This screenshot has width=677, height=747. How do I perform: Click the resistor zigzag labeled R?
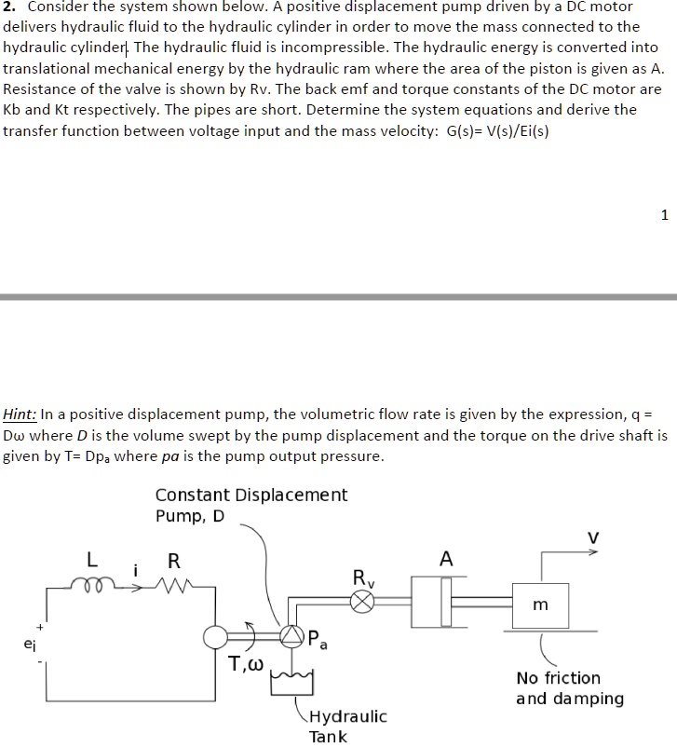[x=174, y=587]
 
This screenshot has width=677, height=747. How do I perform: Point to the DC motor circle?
[x=216, y=637]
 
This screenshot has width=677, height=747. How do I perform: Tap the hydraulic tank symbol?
[x=289, y=686]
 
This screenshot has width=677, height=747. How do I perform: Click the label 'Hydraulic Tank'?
[x=346, y=727]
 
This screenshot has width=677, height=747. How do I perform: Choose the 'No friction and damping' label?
[x=569, y=688]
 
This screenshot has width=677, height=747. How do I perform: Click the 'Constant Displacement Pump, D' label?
[x=250, y=505]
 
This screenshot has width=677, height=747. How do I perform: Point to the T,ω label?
[x=248, y=664]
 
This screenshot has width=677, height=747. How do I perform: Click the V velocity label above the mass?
[x=590, y=536]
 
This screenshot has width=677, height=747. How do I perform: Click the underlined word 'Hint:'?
[x=21, y=414]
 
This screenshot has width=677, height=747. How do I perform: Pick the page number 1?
[x=663, y=215]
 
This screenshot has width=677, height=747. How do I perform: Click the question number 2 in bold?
[x=7, y=7]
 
